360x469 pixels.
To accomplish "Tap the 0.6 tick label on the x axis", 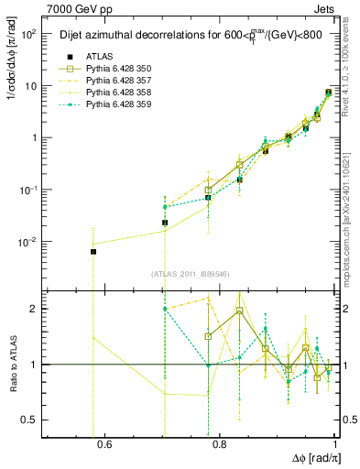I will click(x=104, y=445).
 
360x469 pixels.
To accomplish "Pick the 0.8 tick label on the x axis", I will click(x=220, y=445).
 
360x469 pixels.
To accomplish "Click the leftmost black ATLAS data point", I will click(x=93, y=251).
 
